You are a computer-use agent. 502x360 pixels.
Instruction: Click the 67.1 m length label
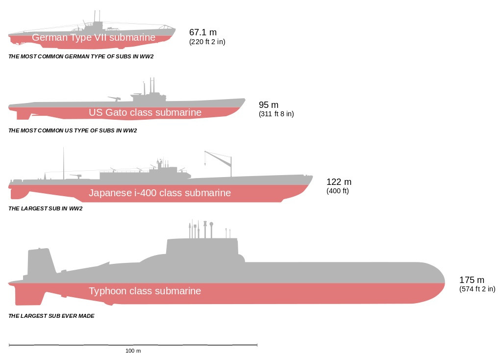click(x=202, y=32)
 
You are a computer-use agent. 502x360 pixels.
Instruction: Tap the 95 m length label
click(x=269, y=105)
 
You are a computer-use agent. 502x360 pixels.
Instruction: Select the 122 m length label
click(x=339, y=182)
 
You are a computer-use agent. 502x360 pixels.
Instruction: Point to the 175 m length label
click(x=472, y=280)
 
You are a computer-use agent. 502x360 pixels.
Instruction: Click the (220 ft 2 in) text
click(x=207, y=42)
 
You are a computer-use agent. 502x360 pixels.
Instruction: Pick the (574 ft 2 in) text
click(x=477, y=289)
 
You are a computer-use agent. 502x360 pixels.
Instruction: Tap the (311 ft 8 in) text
click(x=276, y=114)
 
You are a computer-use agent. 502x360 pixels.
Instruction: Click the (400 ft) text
click(x=337, y=191)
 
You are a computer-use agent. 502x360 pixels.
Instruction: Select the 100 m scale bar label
click(x=133, y=351)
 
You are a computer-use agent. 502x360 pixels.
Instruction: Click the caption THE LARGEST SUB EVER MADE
click(x=51, y=316)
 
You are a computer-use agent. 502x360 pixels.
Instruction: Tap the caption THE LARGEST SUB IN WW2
click(x=45, y=208)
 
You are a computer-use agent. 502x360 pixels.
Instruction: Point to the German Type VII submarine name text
click(x=94, y=38)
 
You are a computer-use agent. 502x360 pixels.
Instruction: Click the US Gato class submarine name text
click(x=145, y=112)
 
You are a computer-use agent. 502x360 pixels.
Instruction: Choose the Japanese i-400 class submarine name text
click(x=159, y=193)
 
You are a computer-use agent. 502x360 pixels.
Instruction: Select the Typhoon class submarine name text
click(x=145, y=291)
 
